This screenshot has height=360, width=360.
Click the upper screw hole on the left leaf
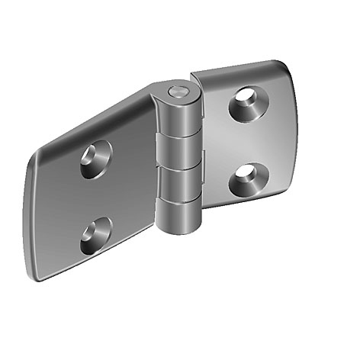[x=95, y=159]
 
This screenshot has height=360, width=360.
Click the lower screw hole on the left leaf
[x=95, y=234]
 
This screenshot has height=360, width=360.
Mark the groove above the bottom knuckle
[x=180, y=197]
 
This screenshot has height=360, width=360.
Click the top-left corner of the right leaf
[x=194, y=76]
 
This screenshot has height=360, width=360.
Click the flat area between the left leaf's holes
[x=95, y=197]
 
